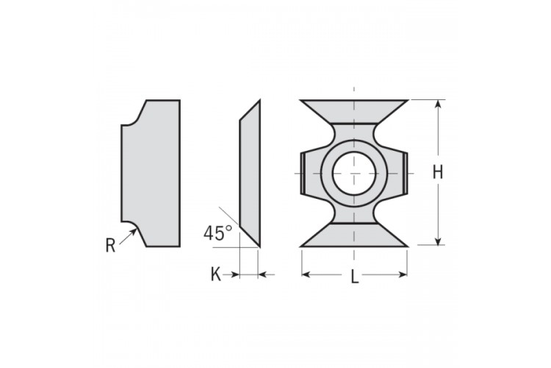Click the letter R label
110,245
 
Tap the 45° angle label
218,233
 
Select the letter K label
216,275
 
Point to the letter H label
438,172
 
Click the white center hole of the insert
354,173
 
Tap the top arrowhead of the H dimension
438,104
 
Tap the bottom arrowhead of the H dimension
438,241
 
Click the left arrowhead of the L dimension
306,275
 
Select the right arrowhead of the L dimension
403,275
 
